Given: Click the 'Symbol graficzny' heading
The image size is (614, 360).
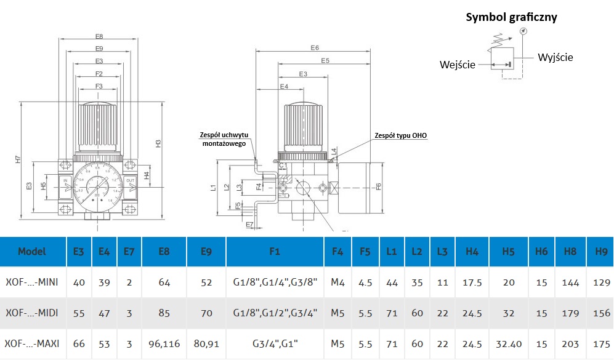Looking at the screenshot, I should pos(511,17).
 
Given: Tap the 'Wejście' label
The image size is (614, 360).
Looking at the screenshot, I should pos(458,65).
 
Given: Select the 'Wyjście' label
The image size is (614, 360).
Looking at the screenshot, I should pos(555,57).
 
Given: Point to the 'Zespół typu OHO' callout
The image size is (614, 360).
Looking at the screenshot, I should pos(401,135).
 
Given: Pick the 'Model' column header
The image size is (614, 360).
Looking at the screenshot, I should pos(32,251).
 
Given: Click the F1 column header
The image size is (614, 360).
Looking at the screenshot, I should pos(275,251).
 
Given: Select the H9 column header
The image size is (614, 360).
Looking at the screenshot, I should pos(601,251).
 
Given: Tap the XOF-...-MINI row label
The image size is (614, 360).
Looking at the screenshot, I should pos(32,282).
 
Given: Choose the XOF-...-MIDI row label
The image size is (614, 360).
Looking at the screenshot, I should pos(32,313).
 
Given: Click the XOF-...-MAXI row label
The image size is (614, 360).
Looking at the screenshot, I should pos(32,343).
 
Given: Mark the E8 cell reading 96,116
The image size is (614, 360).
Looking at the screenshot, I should pos(164,343).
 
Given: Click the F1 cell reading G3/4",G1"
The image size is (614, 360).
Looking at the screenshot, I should pos(275,343).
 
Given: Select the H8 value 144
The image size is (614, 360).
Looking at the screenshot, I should pos(572,282).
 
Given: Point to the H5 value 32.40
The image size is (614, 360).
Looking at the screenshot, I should pos(508,343).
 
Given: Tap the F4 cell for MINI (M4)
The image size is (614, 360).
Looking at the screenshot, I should pos(337,282).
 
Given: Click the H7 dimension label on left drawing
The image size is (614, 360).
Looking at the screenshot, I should pos(18,159).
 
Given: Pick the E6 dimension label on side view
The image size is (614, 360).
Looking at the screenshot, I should pos(315,48).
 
